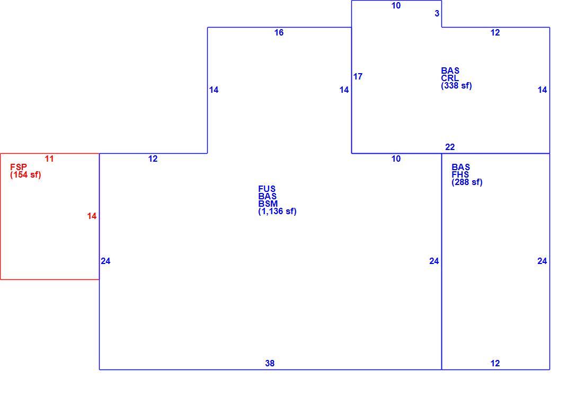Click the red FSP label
[19, 167]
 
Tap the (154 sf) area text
[26, 175]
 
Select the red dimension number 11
[49, 159]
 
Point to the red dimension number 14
[92, 216]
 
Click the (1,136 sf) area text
[277, 211]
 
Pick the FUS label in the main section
[267, 189]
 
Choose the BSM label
[268, 204]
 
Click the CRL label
[450, 78]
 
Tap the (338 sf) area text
[457, 85]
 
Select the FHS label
[460, 175]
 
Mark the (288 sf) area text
[467, 182]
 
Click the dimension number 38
[270, 363]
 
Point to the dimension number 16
[279, 33]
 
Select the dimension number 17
[358, 76]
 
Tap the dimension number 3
[437, 14]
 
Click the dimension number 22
[450, 147]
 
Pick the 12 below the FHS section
[495, 363]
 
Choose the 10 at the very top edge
[396, 5]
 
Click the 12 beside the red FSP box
[153, 159]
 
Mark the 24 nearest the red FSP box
[105, 261]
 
